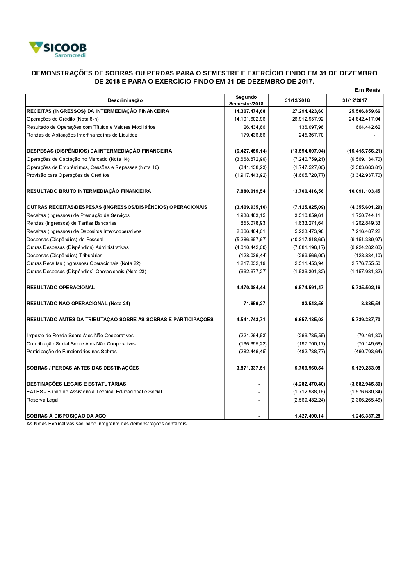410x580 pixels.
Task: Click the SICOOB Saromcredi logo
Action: click(57, 49)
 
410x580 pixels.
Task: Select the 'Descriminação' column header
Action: click(125, 100)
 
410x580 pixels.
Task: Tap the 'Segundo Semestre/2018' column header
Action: click(246, 100)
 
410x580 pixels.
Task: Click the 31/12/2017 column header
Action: click(355, 100)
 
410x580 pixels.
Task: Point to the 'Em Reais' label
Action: click(367, 90)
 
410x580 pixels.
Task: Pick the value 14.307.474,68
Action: click(250, 111)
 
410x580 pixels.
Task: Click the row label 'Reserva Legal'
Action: click(43, 400)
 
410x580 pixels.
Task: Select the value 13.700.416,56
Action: click(308, 191)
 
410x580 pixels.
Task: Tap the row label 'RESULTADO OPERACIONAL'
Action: click(61, 288)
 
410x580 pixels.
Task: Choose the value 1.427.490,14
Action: click(309, 416)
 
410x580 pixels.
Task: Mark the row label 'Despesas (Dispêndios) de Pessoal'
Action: click(65, 240)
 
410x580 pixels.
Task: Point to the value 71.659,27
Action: click(254, 304)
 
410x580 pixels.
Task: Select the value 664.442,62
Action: click(368, 127)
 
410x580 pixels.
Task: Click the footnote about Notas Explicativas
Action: click(107, 424)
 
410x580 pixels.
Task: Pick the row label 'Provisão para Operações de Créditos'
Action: click(68, 175)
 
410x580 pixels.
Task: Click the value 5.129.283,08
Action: click(366, 368)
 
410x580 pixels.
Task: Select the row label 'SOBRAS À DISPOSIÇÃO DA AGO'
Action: click(66, 416)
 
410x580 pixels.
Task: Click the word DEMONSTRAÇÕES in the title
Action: click(62, 73)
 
